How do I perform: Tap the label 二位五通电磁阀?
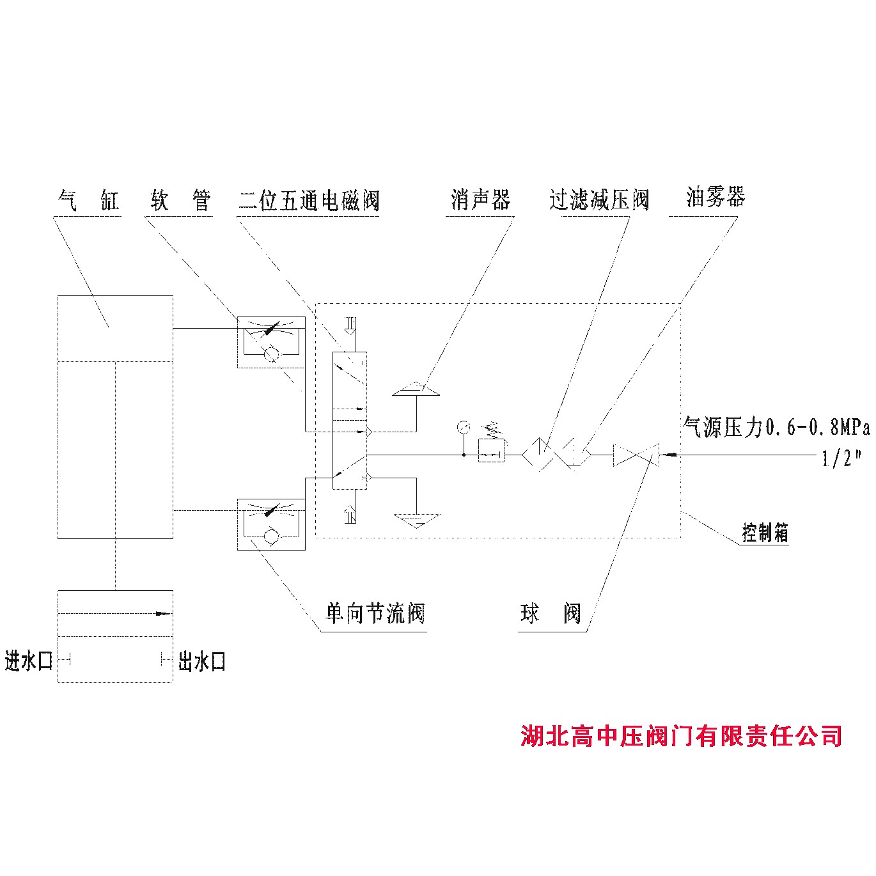coord(309,201)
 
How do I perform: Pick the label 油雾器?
coord(716,197)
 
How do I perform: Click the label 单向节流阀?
coord(375,614)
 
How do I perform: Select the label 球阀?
coord(551,614)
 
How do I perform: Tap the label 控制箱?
coord(765,533)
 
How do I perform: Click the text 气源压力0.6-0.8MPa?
coord(777,427)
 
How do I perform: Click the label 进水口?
coord(29,661)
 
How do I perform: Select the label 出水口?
coord(202,661)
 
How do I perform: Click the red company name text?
coord(681,736)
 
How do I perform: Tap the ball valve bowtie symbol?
coord(635,455)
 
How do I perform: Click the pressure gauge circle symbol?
coord(464,426)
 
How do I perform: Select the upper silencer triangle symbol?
coord(416,389)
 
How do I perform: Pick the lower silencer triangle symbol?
coord(416,519)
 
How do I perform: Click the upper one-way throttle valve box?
coord(271,341)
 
